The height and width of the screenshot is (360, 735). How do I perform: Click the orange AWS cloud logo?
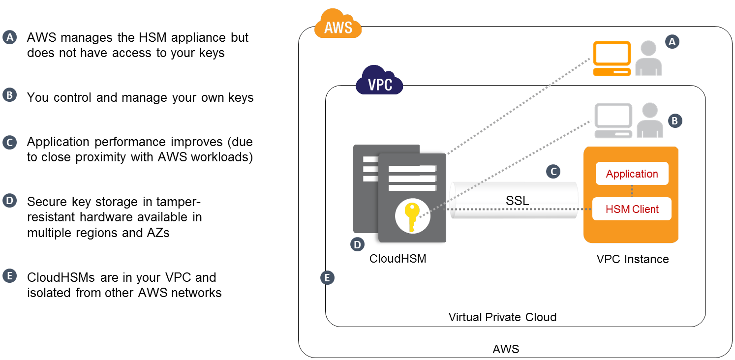(x=338, y=25)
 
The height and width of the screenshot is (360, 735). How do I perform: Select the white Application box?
(x=632, y=174)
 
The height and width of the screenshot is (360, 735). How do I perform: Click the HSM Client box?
(x=632, y=209)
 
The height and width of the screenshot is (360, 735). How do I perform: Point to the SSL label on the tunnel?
(x=517, y=200)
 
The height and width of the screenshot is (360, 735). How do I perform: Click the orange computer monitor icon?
(x=612, y=58)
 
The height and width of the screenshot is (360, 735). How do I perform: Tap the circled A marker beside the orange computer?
(x=672, y=42)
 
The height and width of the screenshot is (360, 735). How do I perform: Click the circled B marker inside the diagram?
(x=675, y=120)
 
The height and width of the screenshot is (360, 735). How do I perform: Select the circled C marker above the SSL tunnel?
(x=553, y=171)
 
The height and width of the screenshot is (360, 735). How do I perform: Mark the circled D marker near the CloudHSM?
(x=357, y=244)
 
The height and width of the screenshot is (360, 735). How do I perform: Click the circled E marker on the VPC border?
(x=327, y=278)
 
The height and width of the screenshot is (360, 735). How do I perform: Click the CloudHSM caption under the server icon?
(x=398, y=258)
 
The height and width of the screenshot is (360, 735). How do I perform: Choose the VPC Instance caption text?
(x=632, y=259)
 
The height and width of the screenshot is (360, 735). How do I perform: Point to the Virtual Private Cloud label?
(x=502, y=317)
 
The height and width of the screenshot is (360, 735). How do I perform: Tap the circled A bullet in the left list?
(x=10, y=37)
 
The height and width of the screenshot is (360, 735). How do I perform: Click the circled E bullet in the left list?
(x=10, y=276)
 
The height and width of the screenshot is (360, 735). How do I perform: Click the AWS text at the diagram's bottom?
(x=506, y=349)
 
